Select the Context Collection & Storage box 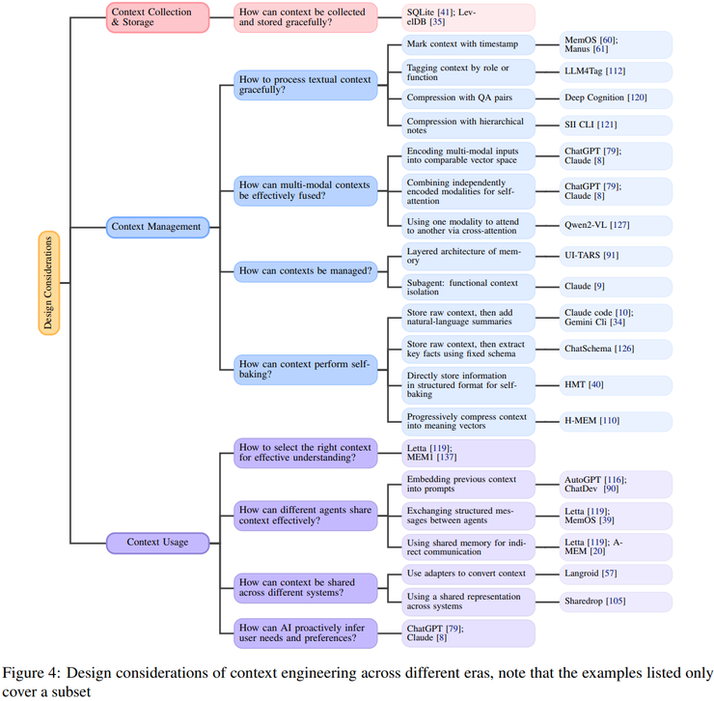157,16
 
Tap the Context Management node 157,227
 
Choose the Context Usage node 157,544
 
